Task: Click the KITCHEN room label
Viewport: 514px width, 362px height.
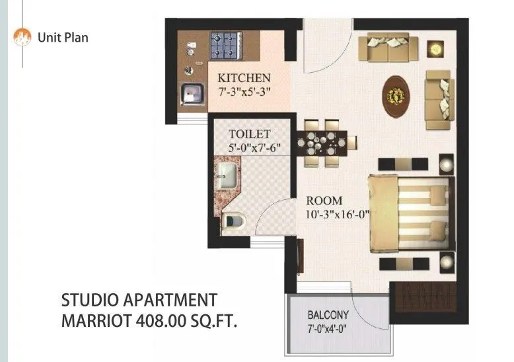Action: click(244, 77)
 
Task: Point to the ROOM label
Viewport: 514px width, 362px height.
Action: click(324, 201)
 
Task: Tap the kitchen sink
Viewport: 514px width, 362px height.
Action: click(193, 94)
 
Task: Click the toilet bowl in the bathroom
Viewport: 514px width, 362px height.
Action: click(233, 220)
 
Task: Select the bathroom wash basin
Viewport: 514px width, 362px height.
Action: click(226, 175)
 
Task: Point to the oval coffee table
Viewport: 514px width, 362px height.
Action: click(396, 93)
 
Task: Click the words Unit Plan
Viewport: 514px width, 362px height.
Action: click(63, 37)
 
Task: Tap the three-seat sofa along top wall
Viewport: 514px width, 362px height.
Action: click(388, 47)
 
